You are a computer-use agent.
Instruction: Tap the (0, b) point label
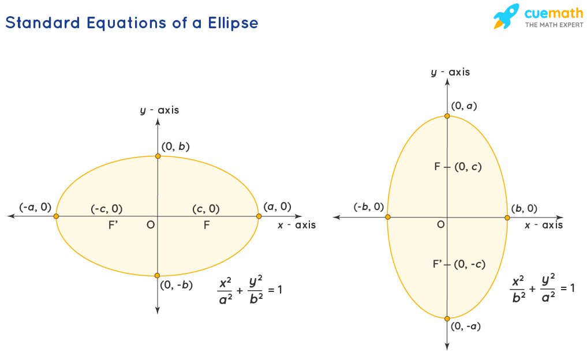click(175, 147)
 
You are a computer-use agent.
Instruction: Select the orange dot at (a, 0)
click(259, 216)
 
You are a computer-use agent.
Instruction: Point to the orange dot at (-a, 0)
click(56, 216)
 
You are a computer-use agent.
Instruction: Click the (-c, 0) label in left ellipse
click(106, 209)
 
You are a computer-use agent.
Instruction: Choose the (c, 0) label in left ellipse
click(205, 209)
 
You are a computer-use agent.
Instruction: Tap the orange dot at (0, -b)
click(158, 276)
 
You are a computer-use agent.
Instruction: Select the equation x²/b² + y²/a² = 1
click(543, 287)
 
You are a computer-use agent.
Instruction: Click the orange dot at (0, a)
click(447, 117)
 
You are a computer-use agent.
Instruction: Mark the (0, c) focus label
click(468, 167)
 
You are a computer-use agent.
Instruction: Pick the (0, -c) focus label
click(469, 264)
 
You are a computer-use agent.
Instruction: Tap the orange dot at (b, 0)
click(507, 217)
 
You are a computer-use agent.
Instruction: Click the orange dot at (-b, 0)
click(387, 217)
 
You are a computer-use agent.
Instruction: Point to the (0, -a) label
click(466, 327)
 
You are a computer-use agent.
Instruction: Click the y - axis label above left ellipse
click(160, 110)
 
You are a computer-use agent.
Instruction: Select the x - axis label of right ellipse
click(544, 225)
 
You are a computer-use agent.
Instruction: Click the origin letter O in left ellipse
click(150, 224)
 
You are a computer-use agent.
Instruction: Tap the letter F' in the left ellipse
click(114, 225)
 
